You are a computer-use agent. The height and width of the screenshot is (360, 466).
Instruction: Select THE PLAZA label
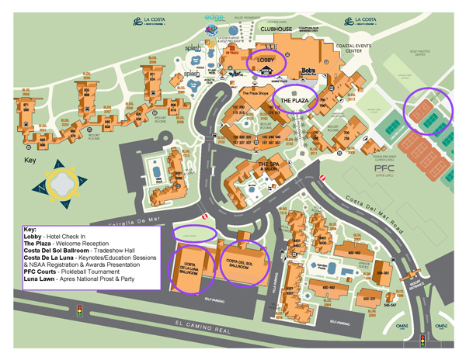pos(295,102)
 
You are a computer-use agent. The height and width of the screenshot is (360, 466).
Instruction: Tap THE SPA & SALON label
pos(269,167)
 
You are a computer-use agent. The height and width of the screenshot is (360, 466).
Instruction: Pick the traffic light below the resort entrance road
pos(422,339)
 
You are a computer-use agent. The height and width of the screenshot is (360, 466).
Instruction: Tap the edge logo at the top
pos(214,16)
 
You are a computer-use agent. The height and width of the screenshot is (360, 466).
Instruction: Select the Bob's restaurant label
pos(309,70)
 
